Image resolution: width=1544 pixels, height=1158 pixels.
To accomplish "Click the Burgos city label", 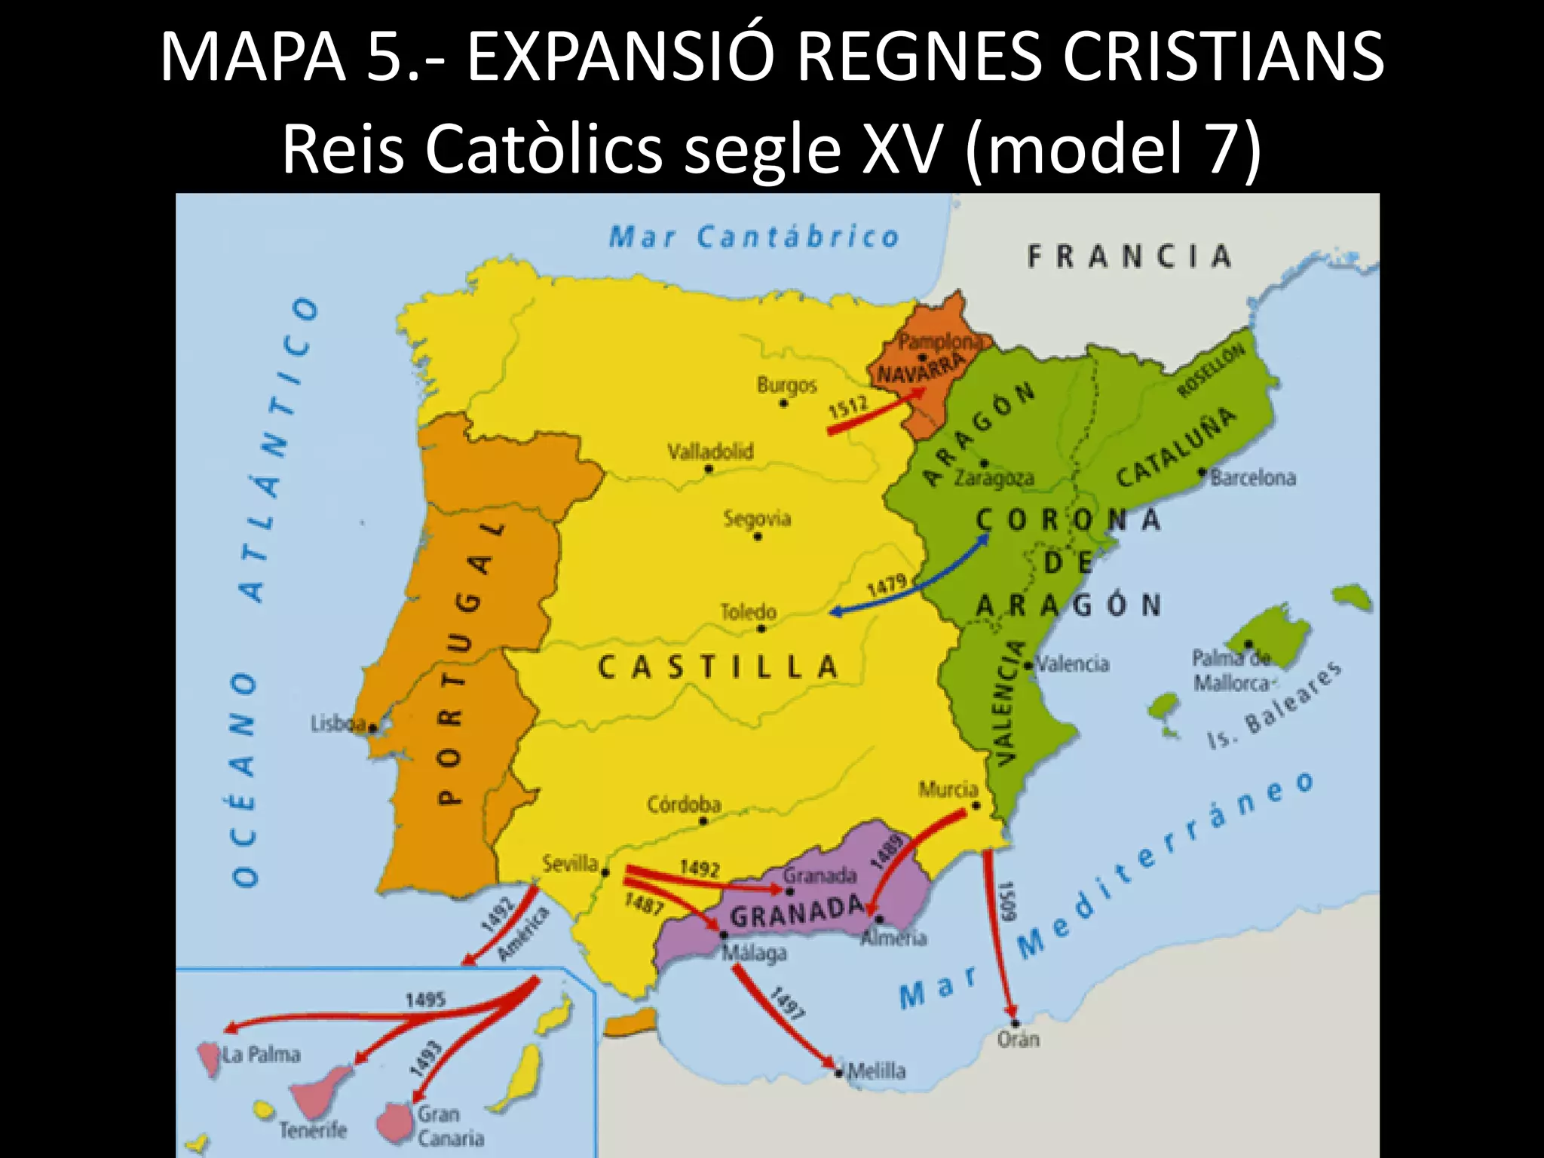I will click(x=786, y=385).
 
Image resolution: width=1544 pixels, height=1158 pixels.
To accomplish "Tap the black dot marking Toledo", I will click(x=761, y=629).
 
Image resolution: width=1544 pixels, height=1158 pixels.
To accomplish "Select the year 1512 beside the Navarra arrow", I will click(x=849, y=407).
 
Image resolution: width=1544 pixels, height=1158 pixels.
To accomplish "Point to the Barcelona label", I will click(x=1253, y=477).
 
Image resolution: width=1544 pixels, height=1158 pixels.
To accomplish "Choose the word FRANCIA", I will click(x=1129, y=257).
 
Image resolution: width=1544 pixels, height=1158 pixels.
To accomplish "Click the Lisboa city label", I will click(x=339, y=724).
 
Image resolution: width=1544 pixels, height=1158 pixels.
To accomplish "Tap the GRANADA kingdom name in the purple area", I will click(x=796, y=914).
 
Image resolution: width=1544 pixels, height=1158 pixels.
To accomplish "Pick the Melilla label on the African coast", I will click(x=876, y=1071).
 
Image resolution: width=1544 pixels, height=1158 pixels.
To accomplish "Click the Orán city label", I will click(x=1018, y=1039).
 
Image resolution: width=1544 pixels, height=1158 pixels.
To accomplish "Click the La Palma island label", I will click(x=261, y=1053).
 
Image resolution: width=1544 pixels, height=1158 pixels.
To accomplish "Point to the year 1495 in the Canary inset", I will click(x=426, y=1000).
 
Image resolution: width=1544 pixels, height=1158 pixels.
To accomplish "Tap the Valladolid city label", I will click(x=710, y=451).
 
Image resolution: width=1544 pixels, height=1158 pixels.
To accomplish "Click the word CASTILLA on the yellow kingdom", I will click(x=718, y=667).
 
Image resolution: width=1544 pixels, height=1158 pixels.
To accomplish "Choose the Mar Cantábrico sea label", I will click(x=754, y=237).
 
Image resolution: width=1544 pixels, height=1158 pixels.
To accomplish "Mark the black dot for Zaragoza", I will click(x=983, y=463).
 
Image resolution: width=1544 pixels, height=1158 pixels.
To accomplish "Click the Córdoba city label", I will click(x=684, y=804).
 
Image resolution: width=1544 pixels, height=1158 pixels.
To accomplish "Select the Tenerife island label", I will click(x=313, y=1129).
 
